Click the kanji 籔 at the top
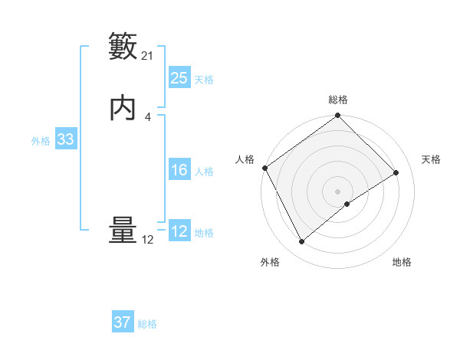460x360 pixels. [123, 46]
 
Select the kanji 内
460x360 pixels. [123, 108]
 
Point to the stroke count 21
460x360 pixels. [148, 55]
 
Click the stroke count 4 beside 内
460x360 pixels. [148, 116]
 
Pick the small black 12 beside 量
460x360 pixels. [148, 240]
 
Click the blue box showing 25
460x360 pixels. [179, 78]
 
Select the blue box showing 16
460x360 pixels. [179, 171]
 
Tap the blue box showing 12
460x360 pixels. [179, 232]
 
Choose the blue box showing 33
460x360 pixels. [65, 140]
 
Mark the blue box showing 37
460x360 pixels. [123, 323]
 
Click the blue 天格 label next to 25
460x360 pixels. [204, 79]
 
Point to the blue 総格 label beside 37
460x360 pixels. [147, 324]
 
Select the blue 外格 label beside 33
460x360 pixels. [41, 141]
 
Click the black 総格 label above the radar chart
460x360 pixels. [338, 100]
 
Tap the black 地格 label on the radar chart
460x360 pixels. [402, 263]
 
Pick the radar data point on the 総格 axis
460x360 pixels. [338, 116]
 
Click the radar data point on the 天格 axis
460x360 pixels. [396, 173]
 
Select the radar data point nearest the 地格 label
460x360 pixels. [347, 204]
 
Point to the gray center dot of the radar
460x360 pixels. [338, 191]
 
